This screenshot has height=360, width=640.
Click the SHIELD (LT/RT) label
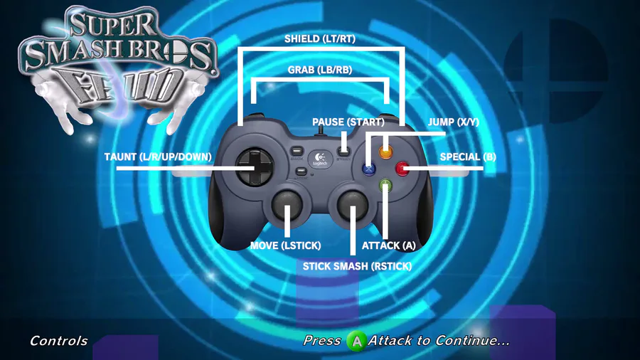coord(319,39)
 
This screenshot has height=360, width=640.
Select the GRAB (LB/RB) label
coord(319,70)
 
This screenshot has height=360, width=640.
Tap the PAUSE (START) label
coord(348,122)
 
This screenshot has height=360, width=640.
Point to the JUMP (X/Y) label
coord(454,122)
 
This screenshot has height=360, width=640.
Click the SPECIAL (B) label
coord(467,157)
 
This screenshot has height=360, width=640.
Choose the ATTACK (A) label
coord(388,245)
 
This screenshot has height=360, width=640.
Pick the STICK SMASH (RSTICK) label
coord(357,266)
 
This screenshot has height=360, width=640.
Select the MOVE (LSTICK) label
coord(286,245)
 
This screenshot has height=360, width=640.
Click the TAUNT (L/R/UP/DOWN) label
coord(158,157)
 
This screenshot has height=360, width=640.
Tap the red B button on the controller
coord(402,169)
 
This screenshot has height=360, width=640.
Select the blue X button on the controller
coord(369,169)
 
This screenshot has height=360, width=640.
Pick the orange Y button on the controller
coord(385,152)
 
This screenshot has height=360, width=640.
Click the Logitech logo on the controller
coord(321,158)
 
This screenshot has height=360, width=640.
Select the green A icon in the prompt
coord(356,342)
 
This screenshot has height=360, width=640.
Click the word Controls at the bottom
coord(58,341)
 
